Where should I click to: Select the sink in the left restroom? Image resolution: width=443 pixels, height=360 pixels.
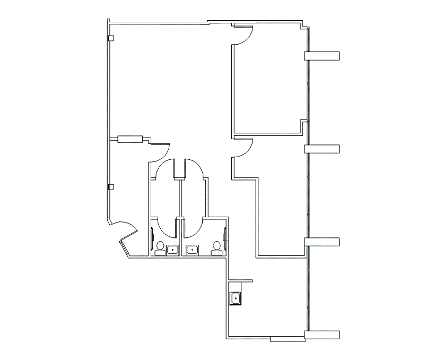click(172, 249)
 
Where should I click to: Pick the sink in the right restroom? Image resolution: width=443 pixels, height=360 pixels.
click(193, 249)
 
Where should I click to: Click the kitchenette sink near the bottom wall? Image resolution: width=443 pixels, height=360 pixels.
click(236, 298)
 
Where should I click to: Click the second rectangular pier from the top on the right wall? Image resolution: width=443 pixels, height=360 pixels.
click(321, 148)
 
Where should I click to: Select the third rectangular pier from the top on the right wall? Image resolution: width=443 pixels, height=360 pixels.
click(321, 242)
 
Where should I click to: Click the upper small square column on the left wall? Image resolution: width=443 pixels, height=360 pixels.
click(110, 38)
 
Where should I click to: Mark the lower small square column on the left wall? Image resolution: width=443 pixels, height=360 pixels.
click(110, 186)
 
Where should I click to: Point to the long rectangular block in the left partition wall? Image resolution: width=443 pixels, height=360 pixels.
click(130, 140)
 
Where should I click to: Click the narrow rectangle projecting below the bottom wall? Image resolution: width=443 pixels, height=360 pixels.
click(286, 339)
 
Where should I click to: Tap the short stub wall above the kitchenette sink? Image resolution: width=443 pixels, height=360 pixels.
click(241, 280)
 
